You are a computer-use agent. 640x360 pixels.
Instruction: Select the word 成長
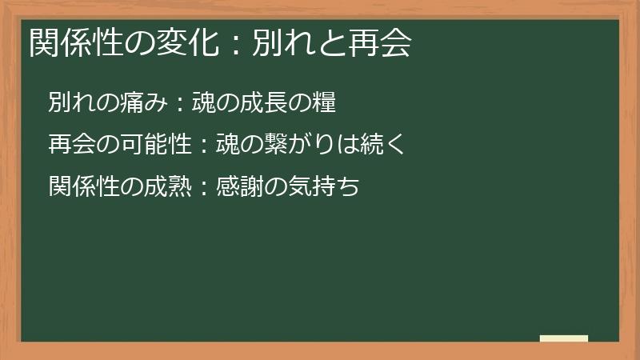[x=270, y=103]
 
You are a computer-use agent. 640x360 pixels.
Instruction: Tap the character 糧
[x=325, y=103]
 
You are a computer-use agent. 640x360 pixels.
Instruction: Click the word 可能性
[x=150, y=146]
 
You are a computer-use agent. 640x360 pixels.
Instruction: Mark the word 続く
[x=390, y=146]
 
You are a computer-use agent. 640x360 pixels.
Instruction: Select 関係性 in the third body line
[x=77, y=187]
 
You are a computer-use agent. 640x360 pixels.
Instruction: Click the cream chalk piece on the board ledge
[x=564, y=338]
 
